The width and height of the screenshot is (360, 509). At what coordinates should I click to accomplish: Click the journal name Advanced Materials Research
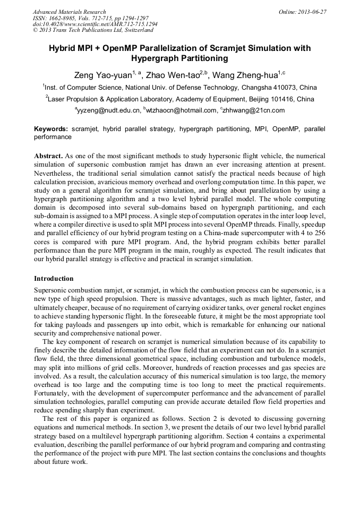70,12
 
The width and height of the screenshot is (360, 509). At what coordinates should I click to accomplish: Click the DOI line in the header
95,24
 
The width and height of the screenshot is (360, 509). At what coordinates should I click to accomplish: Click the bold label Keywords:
51,129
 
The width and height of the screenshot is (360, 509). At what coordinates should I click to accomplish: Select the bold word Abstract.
48,156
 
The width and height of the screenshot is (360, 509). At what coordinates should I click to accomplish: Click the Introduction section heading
54,279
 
